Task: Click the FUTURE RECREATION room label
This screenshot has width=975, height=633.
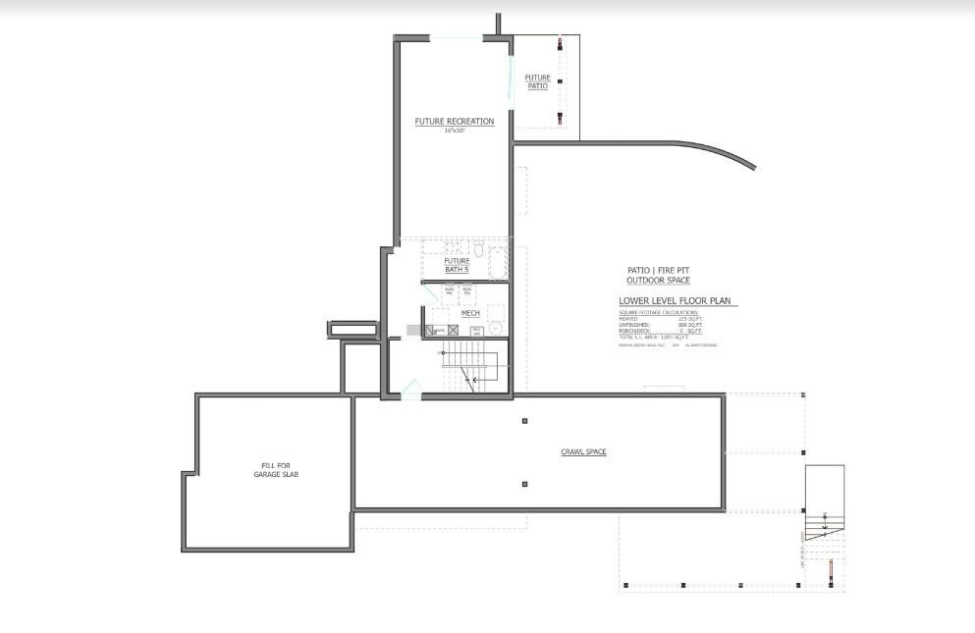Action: pyautogui.click(x=454, y=122)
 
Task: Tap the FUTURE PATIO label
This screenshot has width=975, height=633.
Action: pyautogui.click(x=537, y=81)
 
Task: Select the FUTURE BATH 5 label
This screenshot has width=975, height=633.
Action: pyautogui.click(x=457, y=265)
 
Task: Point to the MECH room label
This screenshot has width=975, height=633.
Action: pyautogui.click(x=470, y=313)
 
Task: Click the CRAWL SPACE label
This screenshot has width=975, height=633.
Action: pyautogui.click(x=583, y=452)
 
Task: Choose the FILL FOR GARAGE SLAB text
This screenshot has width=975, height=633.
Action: pyautogui.click(x=275, y=470)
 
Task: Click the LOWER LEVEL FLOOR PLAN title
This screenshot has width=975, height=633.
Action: pyautogui.click(x=676, y=301)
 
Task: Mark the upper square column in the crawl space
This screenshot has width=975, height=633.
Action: pyautogui.click(x=525, y=421)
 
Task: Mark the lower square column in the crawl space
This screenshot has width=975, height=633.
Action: pyautogui.click(x=525, y=484)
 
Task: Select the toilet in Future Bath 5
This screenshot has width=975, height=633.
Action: pyautogui.click(x=479, y=247)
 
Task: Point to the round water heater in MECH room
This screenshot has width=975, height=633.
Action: pyautogui.click(x=496, y=329)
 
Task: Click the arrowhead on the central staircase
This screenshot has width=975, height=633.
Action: pyautogui.click(x=474, y=378)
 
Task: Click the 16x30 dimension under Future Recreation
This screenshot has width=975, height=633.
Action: pyautogui.click(x=454, y=131)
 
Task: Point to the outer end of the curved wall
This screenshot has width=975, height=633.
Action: pyautogui.click(x=753, y=168)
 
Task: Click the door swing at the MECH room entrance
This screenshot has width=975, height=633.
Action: pyautogui.click(x=430, y=296)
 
